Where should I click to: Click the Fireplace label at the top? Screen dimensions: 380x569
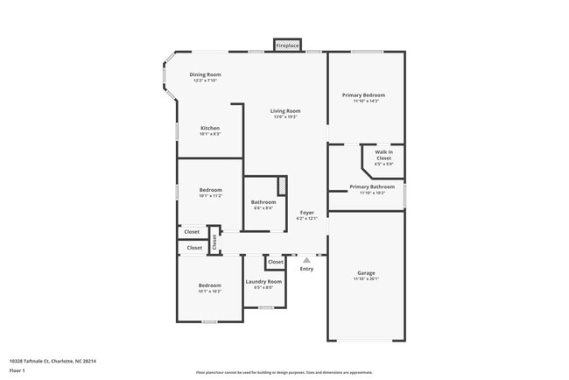click(x=287, y=45)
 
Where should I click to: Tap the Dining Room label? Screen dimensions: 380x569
click(x=206, y=75)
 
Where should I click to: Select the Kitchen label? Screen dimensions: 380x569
click(x=210, y=129)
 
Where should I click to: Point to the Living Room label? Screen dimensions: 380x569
click(x=285, y=111)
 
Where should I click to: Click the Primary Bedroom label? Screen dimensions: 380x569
click(x=366, y=95)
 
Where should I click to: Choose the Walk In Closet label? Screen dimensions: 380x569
click(x=383, y=155)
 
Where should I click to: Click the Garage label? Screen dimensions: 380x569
click(x=366, y=273)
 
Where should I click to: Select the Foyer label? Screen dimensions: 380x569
click(x=307, y=213)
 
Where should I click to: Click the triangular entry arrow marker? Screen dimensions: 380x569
click(x=306, y=259)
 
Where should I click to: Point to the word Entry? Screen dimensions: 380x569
click(x=306, y=269)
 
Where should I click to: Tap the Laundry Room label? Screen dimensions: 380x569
click(x=263, y=282)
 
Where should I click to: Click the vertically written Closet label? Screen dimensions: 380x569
click(x=213, y=239)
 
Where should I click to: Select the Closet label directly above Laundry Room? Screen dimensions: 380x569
click(x=275, y=262)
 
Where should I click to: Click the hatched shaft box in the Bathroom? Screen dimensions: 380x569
click(x=282, y=186)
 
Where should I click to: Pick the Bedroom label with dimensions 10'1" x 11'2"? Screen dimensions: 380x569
click(x=210, y=190)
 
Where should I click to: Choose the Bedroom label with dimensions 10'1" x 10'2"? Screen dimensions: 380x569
click(x=209, y=285)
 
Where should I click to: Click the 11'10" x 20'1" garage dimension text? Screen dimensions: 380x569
click(x=366, y=279)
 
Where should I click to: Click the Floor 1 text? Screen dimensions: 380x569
click(x=18, y=370)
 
